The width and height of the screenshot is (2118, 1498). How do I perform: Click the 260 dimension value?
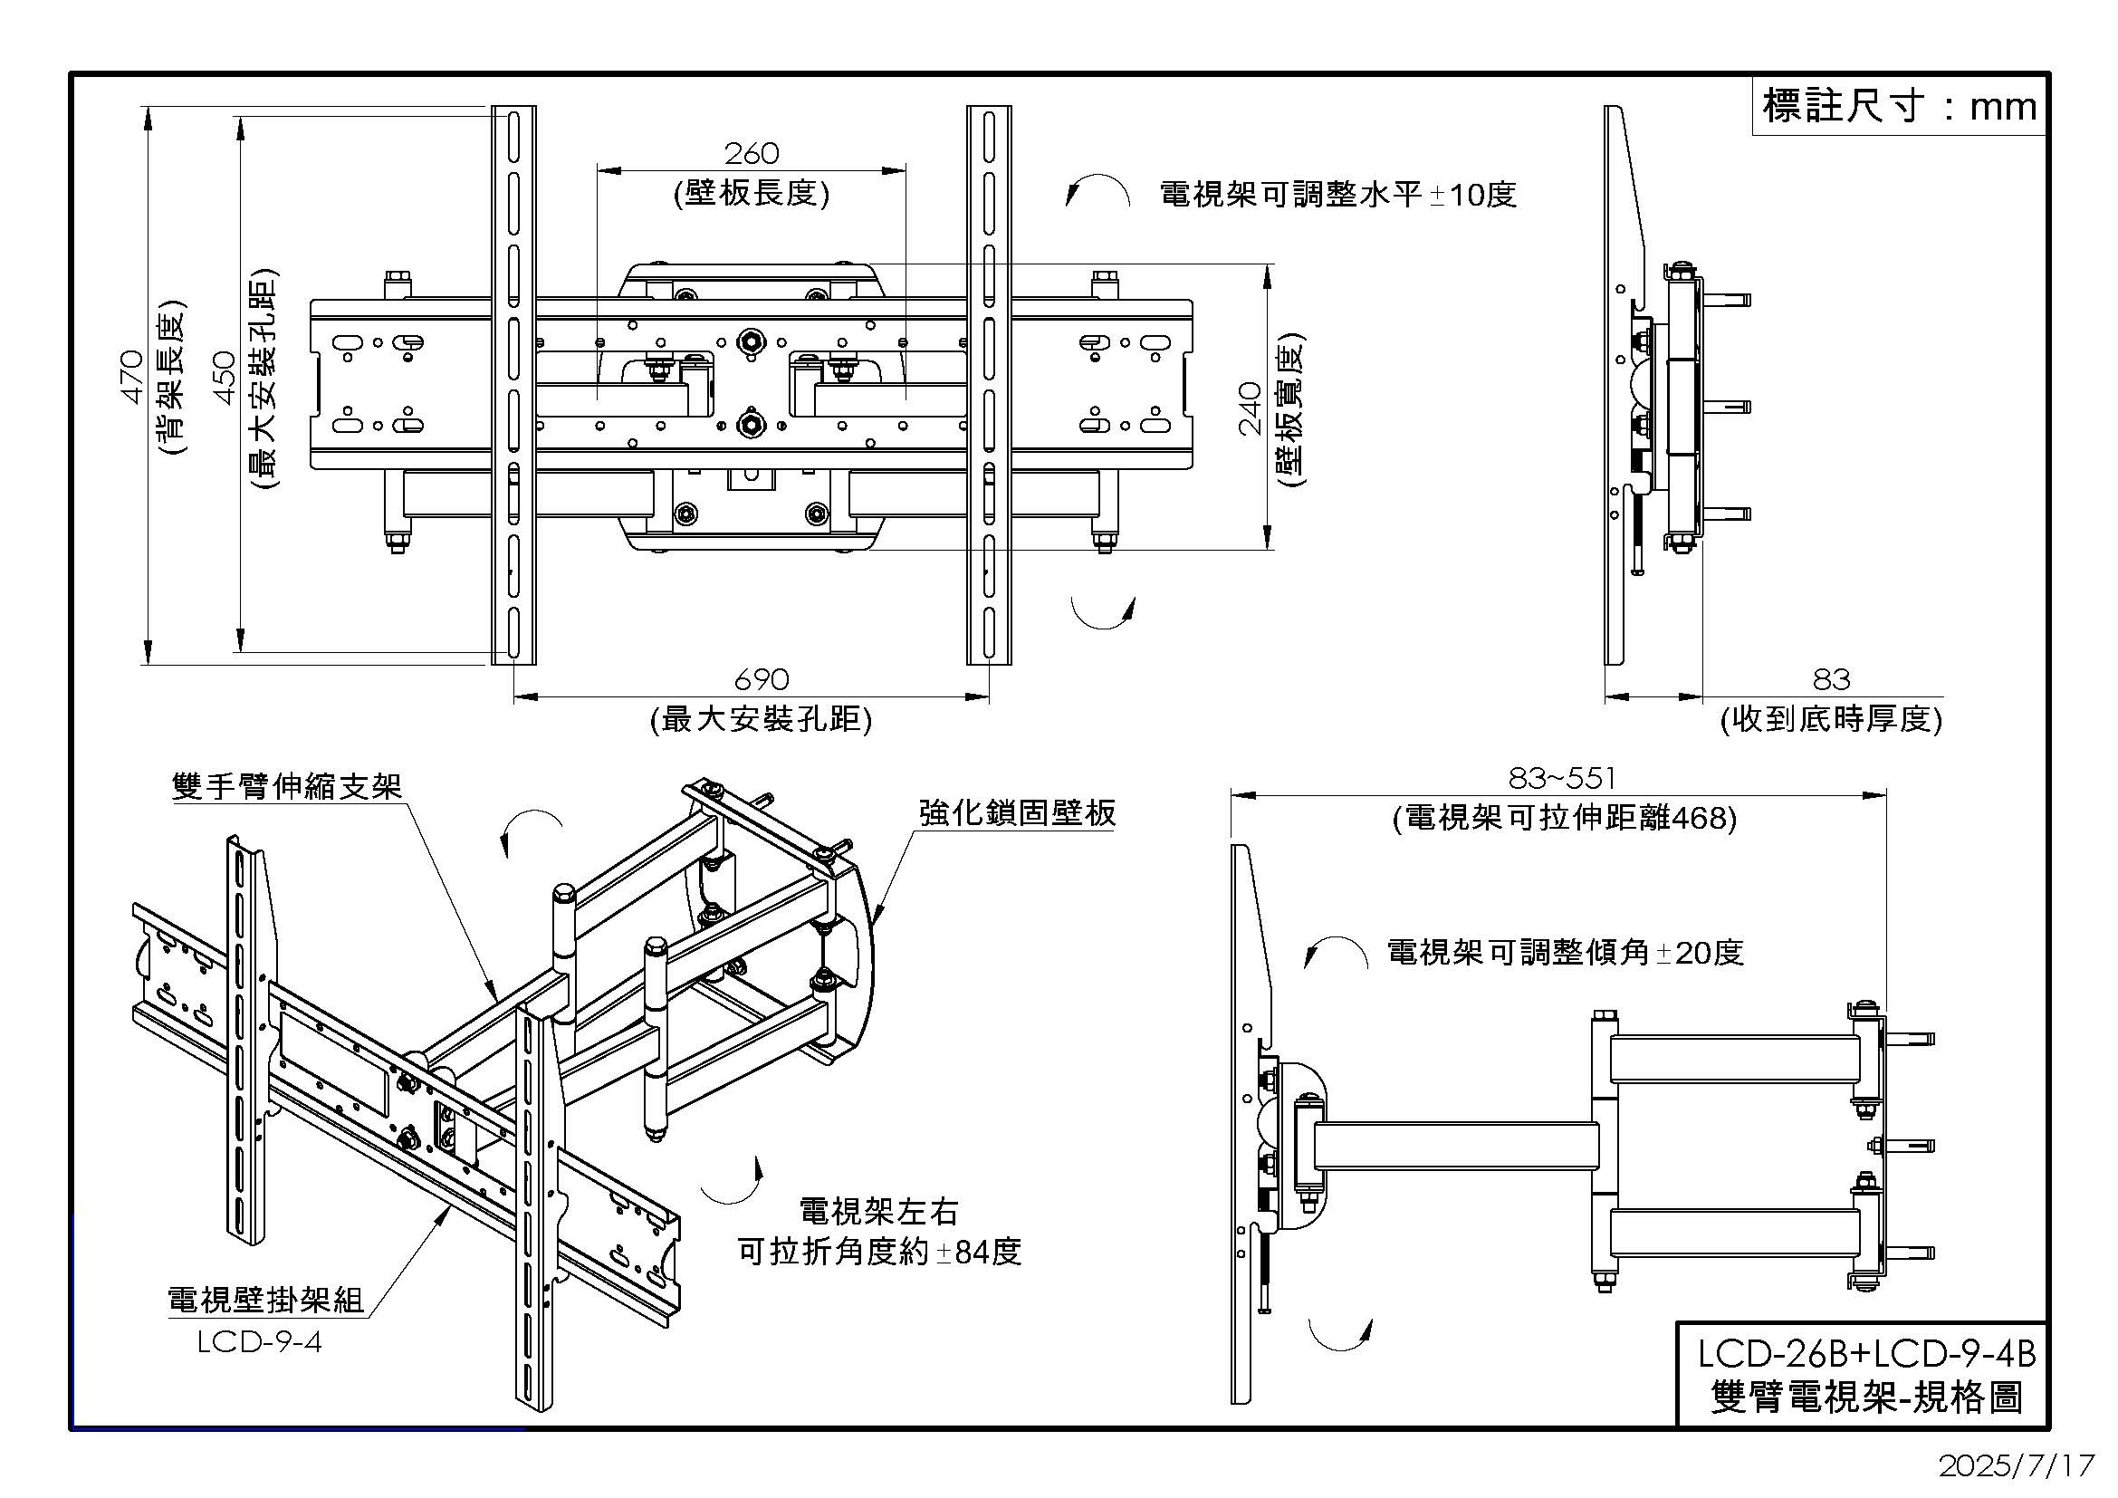coord(751,153)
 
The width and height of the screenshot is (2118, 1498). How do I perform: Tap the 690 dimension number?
coord(762,680)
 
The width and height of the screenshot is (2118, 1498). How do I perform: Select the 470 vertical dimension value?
coord(132,377)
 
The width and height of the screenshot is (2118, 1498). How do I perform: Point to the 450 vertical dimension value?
coord(225,378)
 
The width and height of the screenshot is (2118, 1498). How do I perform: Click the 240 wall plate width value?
coord(1249,408)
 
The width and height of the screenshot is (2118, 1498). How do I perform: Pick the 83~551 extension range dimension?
coord(1562,780)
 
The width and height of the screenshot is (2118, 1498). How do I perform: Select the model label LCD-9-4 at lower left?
coord(259,1341)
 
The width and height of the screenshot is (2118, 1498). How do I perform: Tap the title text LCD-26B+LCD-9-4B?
coord(1866,1354)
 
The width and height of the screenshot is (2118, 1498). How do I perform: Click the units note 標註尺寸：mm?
coord(1899,107)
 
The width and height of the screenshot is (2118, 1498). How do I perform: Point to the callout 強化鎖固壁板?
coord(1017,812)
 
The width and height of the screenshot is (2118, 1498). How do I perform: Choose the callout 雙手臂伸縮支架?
coord(287,786)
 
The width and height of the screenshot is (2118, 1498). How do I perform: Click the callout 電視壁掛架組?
coord(265,1301)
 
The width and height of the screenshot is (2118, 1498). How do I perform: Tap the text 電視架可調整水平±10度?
coord(1337,196)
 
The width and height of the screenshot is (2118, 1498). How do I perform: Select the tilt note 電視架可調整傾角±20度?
coord(1566,953)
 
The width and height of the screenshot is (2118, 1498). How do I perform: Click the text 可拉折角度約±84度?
coord(879,1253)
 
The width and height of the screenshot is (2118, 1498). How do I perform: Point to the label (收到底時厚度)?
coord(1831,719)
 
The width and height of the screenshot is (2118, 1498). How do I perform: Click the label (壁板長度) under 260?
coord(751,194)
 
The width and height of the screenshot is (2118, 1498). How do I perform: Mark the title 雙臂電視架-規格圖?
coord(1866,1398)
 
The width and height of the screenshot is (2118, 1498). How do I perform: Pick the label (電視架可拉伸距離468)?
coord(1565,818)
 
